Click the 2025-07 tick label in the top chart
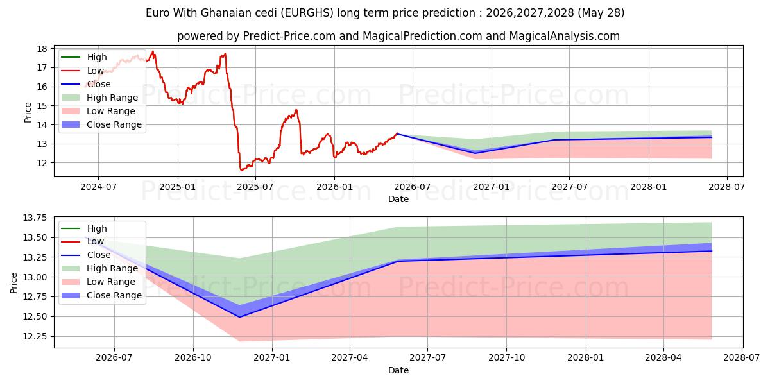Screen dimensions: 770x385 255,187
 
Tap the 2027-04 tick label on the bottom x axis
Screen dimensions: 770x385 350,358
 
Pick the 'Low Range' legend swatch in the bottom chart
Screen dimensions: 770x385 71,282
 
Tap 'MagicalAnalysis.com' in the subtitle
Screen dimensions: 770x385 565,36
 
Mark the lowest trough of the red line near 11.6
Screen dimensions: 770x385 241,170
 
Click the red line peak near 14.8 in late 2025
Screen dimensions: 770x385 296,110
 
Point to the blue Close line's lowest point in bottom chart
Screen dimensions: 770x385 239,317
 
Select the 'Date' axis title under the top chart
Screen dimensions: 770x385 398,199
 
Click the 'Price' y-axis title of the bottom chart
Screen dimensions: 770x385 13,283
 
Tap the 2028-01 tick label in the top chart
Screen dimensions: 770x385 649,187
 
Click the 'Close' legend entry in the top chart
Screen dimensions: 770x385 99,84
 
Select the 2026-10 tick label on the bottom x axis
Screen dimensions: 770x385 193,358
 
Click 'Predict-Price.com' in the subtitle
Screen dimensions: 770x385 289,36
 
